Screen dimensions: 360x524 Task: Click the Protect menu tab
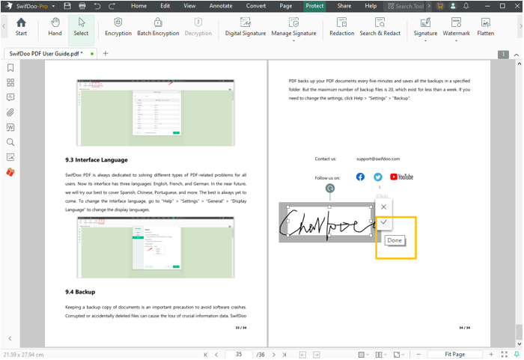pos(314,6)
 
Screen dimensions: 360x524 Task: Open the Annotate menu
pos(221,6)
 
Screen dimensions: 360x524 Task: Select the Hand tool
pos(55,27)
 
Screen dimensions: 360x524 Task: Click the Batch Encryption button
pos(158,27)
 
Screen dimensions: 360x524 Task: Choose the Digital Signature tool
pos(246,27)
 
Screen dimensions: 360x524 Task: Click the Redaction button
pos(341,27)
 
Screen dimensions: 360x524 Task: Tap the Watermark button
pos(456,27)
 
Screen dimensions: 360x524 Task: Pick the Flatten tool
pos(485,27)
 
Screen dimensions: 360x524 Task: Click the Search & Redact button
pos(380,27)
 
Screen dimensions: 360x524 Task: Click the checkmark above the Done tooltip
pos(384,222)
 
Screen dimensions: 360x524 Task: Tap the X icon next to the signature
pos(384,207)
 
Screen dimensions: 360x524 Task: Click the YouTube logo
pos(402,177)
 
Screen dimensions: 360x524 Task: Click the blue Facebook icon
pos(360,177)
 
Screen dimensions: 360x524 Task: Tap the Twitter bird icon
pos(378,177)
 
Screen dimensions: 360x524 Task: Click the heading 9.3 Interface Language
pos(97,159)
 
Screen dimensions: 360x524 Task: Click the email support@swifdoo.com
pos(378,159)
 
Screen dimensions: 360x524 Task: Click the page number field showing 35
pos(239,354)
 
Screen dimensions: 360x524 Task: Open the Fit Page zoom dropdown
pos(457,354)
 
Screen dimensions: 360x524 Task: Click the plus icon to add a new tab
pos(106,54)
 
